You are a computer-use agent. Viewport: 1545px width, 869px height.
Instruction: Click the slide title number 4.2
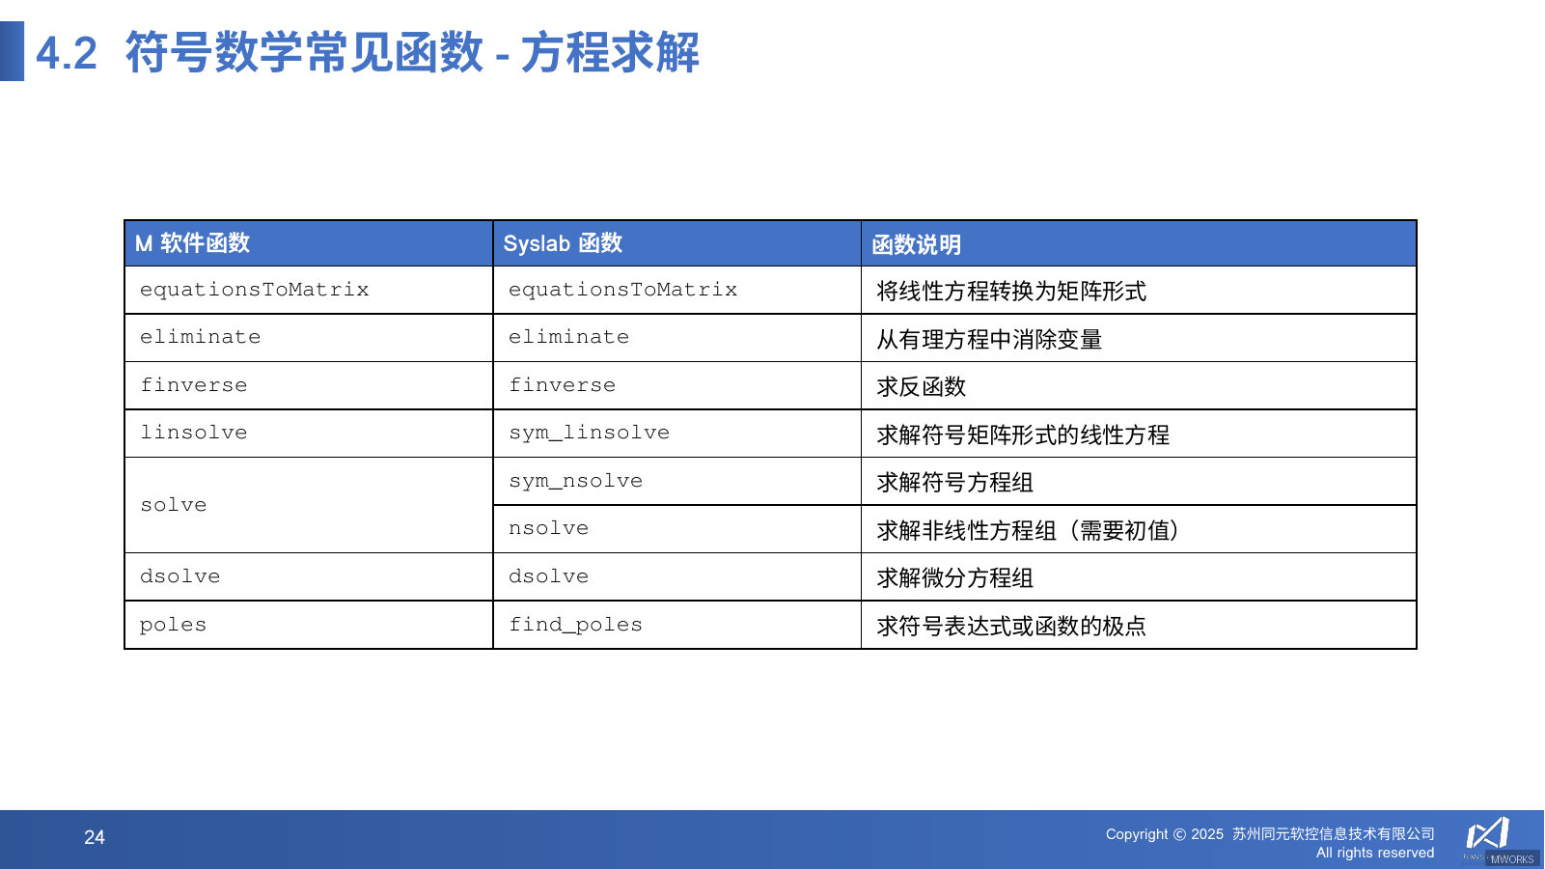pyautogui.click(x=67, y=53)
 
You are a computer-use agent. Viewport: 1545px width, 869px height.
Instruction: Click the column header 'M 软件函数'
pyautogui.click(x=192, y=243)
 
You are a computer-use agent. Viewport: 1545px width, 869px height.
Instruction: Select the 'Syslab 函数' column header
pyautogui.click(x=563, y=243)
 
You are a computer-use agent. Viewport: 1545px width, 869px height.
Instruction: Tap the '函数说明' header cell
pyautogui.click(x=916, y=244)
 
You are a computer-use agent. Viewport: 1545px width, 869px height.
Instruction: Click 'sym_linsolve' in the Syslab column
pyautogui.click(x=589, y=433)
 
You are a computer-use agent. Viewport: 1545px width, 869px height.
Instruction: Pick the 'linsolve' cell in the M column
pyautogui.click(x=194, y=433)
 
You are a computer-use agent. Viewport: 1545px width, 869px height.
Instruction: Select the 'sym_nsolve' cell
pyautogui.click(x=575, y=481)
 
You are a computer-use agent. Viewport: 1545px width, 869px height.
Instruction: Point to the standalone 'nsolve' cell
pyautogui.click(x=548, y=528)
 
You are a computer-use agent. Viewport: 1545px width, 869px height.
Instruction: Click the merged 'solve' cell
pyautogui.click(x=174, y=505)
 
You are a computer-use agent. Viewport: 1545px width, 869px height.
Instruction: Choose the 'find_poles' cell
pyautogui.click(x=575, y=625)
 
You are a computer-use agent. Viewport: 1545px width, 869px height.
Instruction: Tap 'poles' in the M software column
pyautogui.click(x=173, y=625)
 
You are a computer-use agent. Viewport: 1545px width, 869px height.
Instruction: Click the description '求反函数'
pyautogui.click(x=921, y=386)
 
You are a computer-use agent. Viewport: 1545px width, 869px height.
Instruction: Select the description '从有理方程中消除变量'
pyautogui.click(x=989, y=339)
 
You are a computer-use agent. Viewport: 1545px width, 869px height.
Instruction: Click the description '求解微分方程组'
pyautogui.click(x=954, y=577)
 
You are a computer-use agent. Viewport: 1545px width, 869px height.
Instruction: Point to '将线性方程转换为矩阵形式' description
pyautogui.click(x=1011, y=291)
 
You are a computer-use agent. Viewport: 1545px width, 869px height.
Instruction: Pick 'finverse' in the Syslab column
pyautogui.click(x=562, y=385)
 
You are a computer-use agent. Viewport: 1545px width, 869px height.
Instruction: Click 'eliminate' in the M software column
pyautogui.click(x=200, y=337)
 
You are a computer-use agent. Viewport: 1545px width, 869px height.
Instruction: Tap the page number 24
pyautogui.click(x=95, y=837)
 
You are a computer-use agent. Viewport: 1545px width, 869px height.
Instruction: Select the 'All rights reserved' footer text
pyautogui.click(x=1374, y=853)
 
